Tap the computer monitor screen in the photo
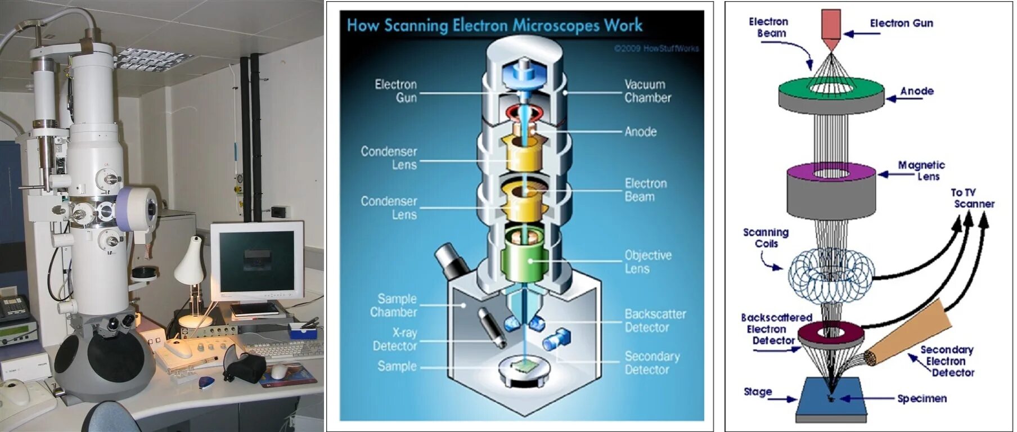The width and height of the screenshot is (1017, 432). [256, 260]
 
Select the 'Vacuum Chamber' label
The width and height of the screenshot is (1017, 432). [647, 91]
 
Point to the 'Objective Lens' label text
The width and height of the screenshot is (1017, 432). [647, 262]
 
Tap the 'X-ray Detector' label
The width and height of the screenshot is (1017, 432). [395, 339]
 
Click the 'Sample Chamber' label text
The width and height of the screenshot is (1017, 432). [394, 305]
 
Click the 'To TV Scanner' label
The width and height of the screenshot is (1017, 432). [973, 198]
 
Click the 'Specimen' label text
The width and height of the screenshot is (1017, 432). [921, 399]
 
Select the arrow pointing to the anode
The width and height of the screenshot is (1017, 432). [904, 98]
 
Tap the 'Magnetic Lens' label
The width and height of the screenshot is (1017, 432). [922, 170]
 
